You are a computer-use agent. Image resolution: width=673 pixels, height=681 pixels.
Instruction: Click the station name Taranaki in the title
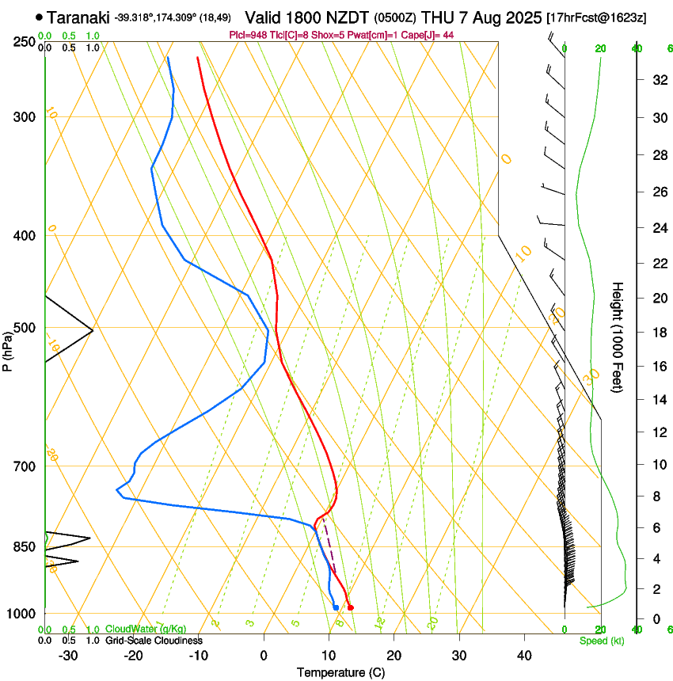coord(78,17)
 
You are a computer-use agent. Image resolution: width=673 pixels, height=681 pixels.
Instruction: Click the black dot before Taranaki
coord(39,17)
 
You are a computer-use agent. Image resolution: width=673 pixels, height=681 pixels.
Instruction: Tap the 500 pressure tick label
coord(23,328)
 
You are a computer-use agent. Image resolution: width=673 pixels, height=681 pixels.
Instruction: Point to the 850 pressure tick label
coord(23,547)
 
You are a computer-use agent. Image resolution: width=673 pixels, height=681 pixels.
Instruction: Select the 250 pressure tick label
coord(23,41)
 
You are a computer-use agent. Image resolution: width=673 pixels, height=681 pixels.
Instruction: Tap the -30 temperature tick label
coord(68,656)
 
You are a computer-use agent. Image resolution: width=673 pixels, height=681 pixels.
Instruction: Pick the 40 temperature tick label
coord(523,656)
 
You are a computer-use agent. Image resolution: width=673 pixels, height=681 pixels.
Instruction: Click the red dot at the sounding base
coord(351,607)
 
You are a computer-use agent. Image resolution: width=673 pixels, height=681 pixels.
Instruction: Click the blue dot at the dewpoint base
coord(336,607)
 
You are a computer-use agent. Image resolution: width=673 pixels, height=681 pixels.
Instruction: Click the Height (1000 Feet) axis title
coord(618,337)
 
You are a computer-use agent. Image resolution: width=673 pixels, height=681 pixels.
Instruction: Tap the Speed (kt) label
coord(602,641)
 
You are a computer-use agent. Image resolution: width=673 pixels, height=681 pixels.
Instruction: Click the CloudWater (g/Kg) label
coord(146,630)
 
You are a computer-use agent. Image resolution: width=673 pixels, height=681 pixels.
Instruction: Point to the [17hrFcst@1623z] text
coord(597,17)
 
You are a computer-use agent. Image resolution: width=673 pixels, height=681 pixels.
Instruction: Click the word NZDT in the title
coord(348,17)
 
